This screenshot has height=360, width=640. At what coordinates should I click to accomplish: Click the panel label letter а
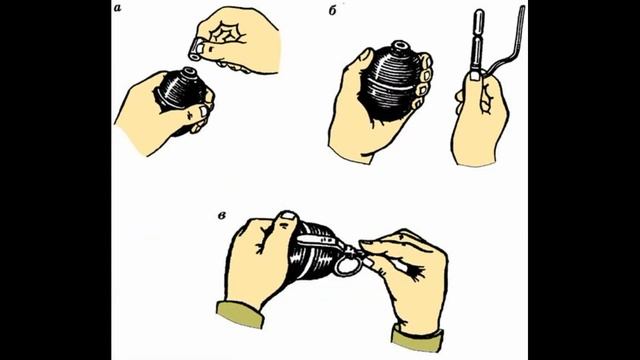coord(118,8)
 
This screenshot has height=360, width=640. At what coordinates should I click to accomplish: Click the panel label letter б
coord(333,11)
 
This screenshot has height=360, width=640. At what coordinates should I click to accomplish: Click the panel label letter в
coord(222,216)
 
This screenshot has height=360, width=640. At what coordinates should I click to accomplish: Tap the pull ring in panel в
coord(348,265)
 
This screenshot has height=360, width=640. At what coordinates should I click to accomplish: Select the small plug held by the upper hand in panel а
coord(195,49)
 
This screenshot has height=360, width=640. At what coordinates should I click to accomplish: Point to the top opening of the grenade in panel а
coord(189,73)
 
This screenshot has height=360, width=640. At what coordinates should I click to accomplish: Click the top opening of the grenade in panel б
coord(399,45)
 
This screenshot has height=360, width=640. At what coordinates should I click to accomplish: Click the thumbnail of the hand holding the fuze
coord(474,76)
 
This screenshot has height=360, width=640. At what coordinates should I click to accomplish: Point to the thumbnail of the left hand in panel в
coord(289,216)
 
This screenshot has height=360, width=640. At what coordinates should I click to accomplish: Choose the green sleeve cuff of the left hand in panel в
coord(240,314)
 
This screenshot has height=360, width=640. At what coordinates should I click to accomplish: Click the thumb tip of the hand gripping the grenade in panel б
coord(366,55)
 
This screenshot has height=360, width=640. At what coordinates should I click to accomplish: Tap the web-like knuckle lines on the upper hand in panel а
coord(225,33)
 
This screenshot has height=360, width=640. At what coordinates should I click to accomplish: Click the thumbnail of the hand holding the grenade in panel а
coord(203,111)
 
